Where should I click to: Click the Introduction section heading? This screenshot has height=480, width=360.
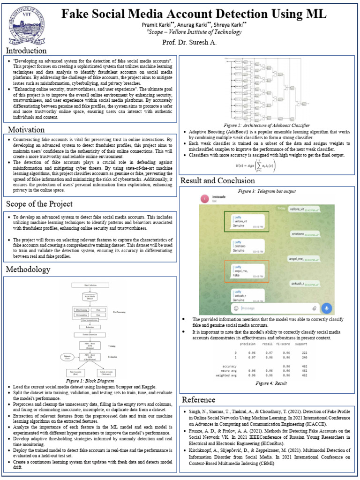(26, 51)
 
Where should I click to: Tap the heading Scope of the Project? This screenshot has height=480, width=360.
(39, 204)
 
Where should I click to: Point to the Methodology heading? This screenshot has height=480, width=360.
(28, 270)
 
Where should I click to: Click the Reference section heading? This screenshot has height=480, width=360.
(199, 399)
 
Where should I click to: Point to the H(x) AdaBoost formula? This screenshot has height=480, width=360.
(255, 165)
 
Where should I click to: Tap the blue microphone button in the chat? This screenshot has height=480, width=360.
(326, 308)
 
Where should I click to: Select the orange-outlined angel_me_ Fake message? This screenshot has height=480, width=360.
(246, 272)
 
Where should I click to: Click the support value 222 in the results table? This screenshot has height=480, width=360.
(304, 352)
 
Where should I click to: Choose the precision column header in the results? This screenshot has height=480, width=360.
(247, 344)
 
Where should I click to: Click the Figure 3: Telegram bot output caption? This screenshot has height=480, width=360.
(267, 191)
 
